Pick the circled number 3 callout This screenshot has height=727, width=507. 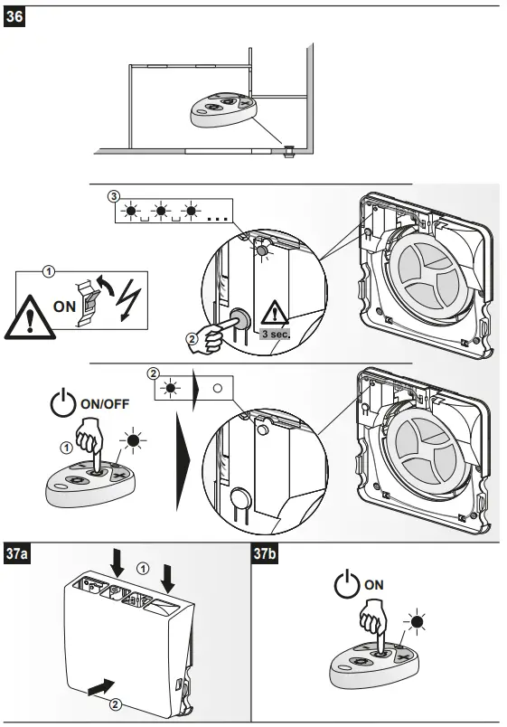[x=113, y=195]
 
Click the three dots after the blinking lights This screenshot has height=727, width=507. [x=218, y=218]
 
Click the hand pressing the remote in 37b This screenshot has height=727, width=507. [x=372, y=624]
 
